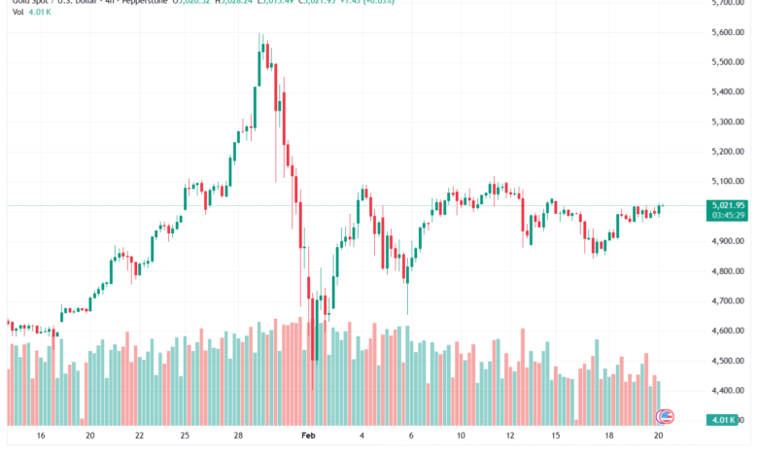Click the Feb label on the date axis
(x=309, y=438)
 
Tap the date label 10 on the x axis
(x=461, y=438)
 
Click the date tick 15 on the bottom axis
(x=553, y=438)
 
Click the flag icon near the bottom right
(x=666, y=416)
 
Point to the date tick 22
(x=140, y=438)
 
